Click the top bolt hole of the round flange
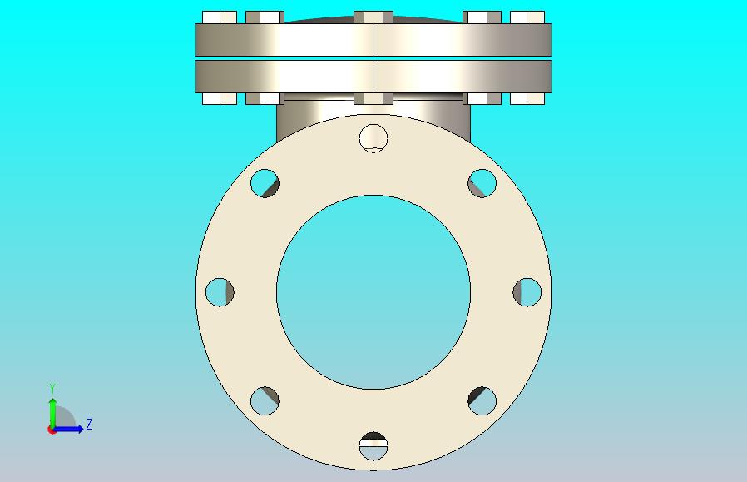pos(373,138)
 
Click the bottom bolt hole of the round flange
pos(373,446)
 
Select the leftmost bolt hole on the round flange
pos(220,292)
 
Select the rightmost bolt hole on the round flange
pos(527,292)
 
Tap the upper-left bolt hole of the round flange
pos(265,183)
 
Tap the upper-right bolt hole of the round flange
pos(482,183)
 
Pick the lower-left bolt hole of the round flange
pos(265,401)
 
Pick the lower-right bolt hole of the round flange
pos(482,401)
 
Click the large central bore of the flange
pos(373,292)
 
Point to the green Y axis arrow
pos(52,414)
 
